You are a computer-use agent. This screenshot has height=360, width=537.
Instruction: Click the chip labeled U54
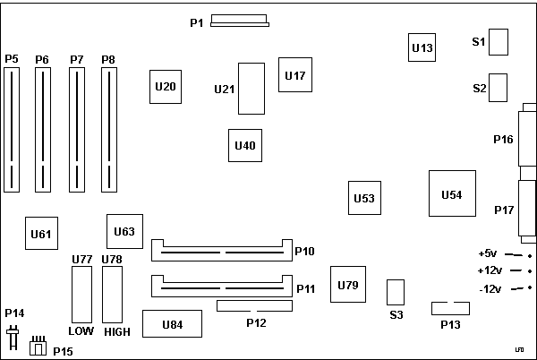452,194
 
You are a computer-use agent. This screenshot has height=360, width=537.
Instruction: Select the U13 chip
422,47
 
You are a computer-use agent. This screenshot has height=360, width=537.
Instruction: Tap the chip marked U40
244,144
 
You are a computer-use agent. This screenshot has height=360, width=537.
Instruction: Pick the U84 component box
172,323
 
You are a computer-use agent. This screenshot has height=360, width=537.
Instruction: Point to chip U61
41,234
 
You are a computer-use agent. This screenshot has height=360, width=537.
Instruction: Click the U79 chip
348,285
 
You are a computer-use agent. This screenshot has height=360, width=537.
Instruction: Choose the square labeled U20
165,87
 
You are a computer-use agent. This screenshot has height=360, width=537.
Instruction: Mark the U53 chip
364,198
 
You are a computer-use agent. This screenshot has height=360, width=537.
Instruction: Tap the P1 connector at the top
239,21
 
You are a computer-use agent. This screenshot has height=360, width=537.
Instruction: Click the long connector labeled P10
222,248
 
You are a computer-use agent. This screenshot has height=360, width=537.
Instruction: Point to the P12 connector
255,307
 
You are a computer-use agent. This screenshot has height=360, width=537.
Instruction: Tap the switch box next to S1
499,41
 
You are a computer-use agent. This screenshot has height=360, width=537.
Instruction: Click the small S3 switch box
396,292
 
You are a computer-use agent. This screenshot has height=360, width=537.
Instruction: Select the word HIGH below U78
116,332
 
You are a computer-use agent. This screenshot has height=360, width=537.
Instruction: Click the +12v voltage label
489,270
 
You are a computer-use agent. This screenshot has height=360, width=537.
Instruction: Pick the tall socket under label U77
81,296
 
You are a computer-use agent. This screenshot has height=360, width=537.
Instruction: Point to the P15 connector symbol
37,347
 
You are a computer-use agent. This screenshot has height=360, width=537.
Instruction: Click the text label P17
504,210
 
